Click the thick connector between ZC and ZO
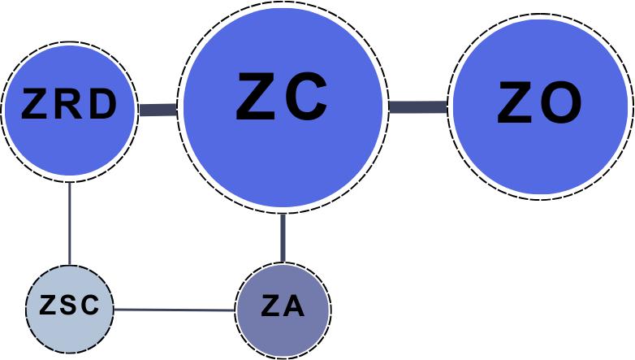click(417, 106)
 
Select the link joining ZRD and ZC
click(158, 109)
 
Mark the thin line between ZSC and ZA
click(175, 310)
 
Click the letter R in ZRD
click(70, 105)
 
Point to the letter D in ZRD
click(103, 105)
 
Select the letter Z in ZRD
click(37, 105)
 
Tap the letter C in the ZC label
click(307, 97)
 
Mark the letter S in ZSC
click(70, 306)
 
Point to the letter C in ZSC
click(89, 306)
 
